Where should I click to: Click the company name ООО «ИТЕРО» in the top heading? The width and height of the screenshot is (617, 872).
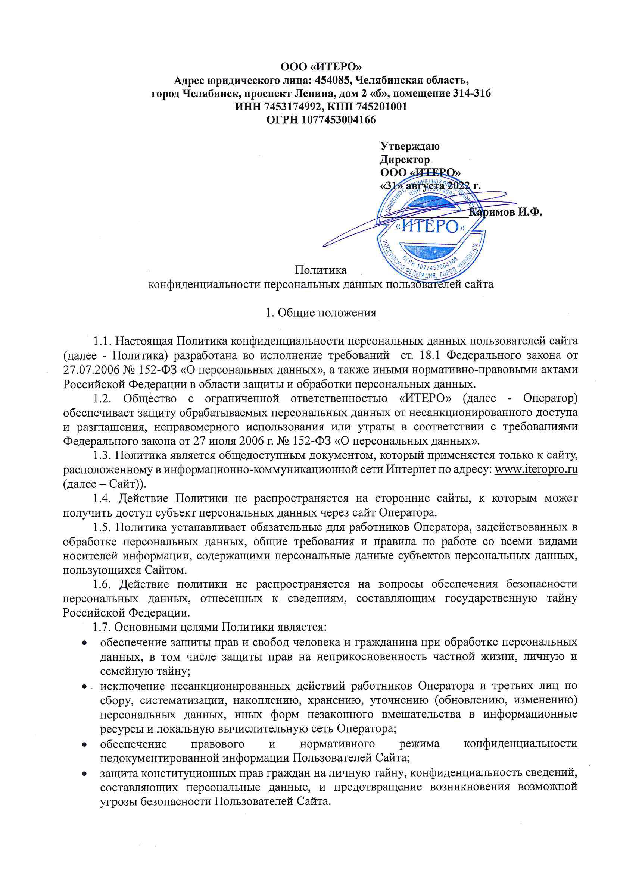pos(321,67)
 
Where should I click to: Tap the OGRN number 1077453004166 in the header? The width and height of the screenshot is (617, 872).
pos(339,120)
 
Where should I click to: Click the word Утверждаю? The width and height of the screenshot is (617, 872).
pos(410,146)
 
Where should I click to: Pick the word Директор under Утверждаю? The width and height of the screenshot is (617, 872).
pos(405,160)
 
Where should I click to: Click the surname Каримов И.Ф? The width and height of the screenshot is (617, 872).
pos(505,212)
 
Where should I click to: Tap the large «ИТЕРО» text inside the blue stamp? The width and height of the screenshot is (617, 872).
pos(431,227)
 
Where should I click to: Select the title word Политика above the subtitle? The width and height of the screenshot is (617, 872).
pos(321,270)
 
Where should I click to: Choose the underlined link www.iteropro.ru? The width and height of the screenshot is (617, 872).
pos(536,470)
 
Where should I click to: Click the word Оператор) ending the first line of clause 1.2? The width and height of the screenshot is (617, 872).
pos(550,398)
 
